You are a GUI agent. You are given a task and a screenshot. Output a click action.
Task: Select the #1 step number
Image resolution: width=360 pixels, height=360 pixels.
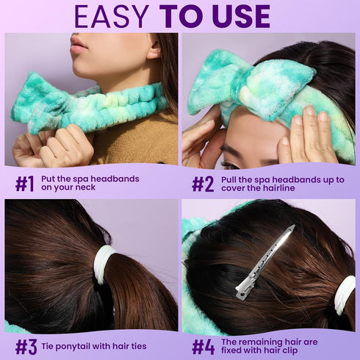(x=24, y=184)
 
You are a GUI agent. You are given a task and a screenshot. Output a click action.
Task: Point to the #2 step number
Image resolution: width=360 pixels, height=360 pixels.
(x=203, y=184)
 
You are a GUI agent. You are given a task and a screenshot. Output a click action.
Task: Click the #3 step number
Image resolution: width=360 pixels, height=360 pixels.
(x=26, y=346)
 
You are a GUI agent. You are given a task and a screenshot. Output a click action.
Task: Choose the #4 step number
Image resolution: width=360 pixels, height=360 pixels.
(x=204, y=346)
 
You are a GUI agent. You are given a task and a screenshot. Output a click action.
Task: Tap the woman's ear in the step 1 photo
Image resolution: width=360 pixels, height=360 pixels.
(x=152, y=51)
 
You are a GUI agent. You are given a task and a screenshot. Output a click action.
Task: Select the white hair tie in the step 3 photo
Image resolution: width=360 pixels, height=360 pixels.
(x=104, y=264)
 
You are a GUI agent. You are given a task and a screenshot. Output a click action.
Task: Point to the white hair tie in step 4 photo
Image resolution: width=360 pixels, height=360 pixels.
(x=345, y=294)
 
